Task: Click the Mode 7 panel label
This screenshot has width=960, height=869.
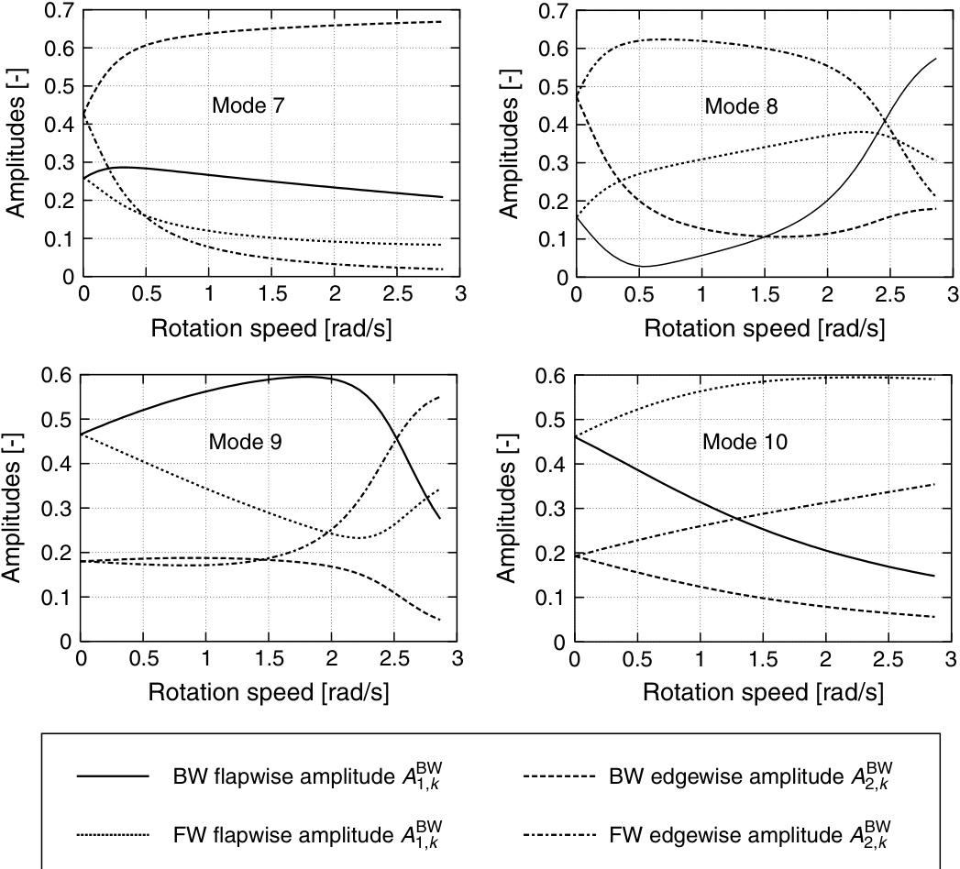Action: point(248,104)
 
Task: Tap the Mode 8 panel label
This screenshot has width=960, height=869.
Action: point(741,106)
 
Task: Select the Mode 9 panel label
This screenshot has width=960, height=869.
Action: point(245,441)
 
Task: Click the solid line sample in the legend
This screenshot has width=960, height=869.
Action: point(112,775)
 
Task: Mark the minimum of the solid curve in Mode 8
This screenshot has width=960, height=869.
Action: point(645,267)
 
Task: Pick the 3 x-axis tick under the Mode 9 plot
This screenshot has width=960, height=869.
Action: point(458,660)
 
